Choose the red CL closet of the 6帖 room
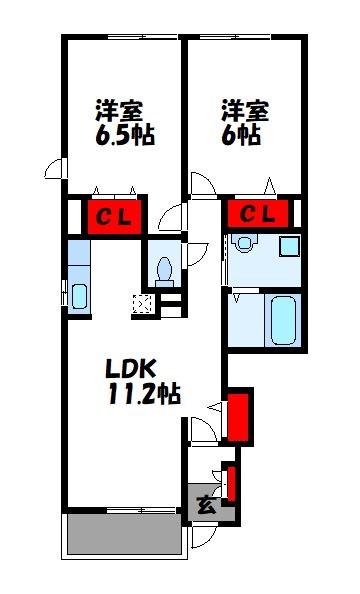(x=258, y=213)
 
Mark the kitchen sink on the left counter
(x=78, y=295)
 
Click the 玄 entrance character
(x=204, y=504)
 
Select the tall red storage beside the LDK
(x=238, y=418)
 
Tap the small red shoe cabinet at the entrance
(x=230, y=482)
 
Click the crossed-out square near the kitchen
(x=140, y=304)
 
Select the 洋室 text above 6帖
(x=243, y=107)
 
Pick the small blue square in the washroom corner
(x=289, y=246)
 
